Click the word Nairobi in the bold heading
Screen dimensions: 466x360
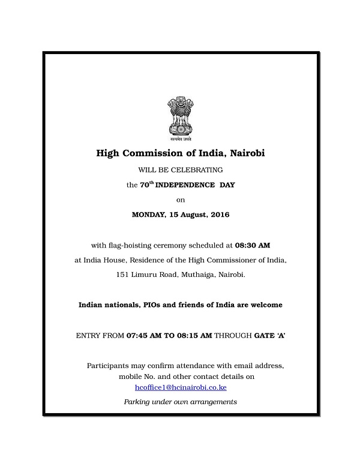(245, 154)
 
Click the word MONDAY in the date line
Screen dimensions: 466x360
(148, 214)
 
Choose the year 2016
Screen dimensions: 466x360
(218, 214)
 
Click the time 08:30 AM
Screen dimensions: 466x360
(253, 245)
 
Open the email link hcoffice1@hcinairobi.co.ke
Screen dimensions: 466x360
(180, 388)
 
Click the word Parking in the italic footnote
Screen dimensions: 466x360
(137, 402)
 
